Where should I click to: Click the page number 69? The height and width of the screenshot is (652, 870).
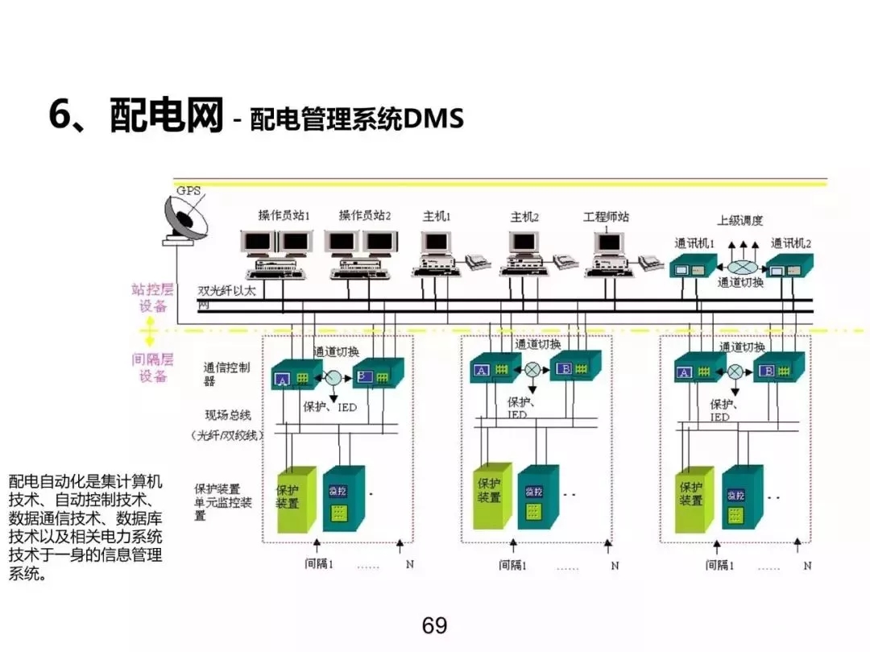coord(434,625)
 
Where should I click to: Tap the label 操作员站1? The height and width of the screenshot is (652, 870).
coord(284,216)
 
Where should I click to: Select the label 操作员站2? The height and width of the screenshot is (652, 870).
coord(364,216)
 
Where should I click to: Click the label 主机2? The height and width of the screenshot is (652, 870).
coord(524,217)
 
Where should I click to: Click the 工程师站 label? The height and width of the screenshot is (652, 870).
coord(606,217)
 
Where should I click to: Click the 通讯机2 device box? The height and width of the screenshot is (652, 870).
coord(789,268)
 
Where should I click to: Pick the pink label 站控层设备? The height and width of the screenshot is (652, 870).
coord(152,297)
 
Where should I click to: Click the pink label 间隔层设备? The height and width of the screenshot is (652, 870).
coord(151,368)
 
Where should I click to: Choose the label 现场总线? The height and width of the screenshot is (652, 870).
coord(229,415)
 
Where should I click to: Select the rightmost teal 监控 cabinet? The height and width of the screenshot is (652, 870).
coord(741,498)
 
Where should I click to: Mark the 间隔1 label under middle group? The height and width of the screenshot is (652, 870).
coord(512,565)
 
